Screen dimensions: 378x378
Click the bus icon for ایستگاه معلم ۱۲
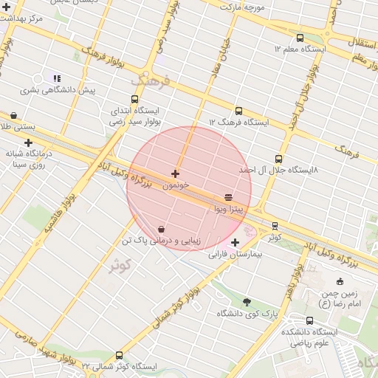click(299, 38)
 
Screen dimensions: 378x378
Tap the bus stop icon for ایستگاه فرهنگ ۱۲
click(238, 111)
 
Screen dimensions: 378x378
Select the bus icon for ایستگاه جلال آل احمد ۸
click(278, 159)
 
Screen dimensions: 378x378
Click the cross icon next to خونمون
click(175, 173)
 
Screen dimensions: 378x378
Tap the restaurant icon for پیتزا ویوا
click(229, 197)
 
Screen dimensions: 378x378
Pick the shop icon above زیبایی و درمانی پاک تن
click(161, 229)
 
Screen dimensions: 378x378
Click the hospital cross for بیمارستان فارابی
click(235, 242)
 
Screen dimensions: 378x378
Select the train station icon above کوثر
click(275, 226)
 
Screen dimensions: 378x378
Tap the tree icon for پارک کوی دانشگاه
click(247, 301)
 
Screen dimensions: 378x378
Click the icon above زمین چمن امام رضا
click(340, 281)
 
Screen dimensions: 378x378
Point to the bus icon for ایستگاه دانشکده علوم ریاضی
click(309, 320)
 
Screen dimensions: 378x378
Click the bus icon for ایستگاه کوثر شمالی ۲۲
click(120, 355)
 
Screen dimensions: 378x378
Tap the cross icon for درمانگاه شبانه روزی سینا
click(28, 142)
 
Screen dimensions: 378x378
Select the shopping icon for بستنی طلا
click(13, 115)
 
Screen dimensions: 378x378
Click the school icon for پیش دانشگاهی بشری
click(57, 78)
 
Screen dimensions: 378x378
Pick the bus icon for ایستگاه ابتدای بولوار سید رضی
click(134, 99)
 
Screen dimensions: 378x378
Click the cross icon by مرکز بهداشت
click(7, 7)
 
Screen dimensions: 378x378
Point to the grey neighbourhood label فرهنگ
click(151, 80)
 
